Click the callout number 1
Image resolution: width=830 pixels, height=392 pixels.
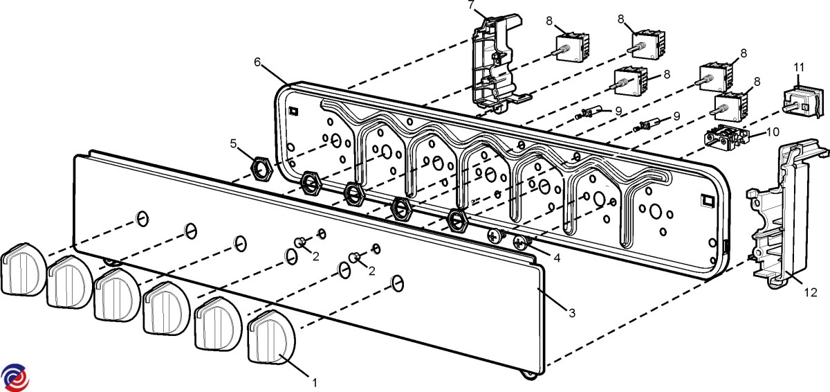coord(315,382)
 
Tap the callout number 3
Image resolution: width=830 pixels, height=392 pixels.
coord(571,313)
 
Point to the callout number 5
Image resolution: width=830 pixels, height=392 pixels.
coord(234,144)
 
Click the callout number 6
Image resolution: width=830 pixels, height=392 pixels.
coord(257,62)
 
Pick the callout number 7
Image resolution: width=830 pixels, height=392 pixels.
coord(471,6)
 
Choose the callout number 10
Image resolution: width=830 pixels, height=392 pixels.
coord(773,131)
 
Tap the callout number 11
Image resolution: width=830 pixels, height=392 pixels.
coord(799,67)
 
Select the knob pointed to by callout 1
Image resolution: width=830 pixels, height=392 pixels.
coord(271,337)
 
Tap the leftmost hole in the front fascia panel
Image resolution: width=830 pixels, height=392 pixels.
coord(141,219)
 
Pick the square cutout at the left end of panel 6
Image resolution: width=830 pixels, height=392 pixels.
coord(293,110)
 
